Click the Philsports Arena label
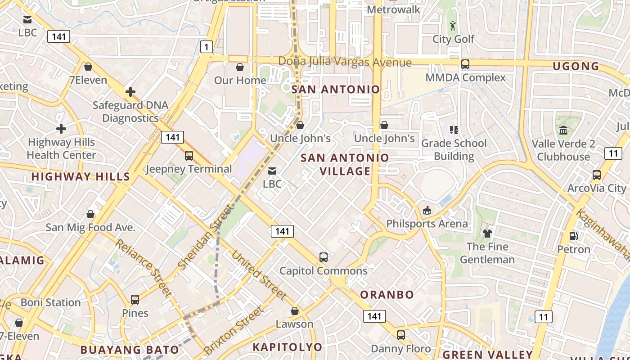pyautogui.click(x=427, y=224)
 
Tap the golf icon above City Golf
pyautogui.click(x=453, y=25)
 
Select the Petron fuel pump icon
pyautogui.click(x=573, y=236)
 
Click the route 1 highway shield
pyautogui.click(x=206, y=46)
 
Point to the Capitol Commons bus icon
pyautogui.click(x=323, y=257)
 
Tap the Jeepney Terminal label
pyautogui.click(x=189, y=169)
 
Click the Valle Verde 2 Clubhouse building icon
pyautogui.click(x=563, y=130)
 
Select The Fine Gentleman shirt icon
pyautogui.click(x=487, y=233)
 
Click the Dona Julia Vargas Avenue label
pyautogui.click(x=345, y=62)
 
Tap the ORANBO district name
pyautogui.click(x=387, y=295)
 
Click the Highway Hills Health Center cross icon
pyautogui.click(x=61, y=129)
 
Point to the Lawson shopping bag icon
pyautogui.click(x=294, y=311)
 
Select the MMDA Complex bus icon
pyautogui.click(x=465, y=64)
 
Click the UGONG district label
pyautogui.click(x=576, y=67)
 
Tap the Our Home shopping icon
pyautogui.click(x=240, y=67)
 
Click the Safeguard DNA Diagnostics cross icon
pyautogui.click(x=130, y=92)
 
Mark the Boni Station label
pyautogui.click(x=50, y=302)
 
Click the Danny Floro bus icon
pyautogui.click(x=400, y=335)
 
